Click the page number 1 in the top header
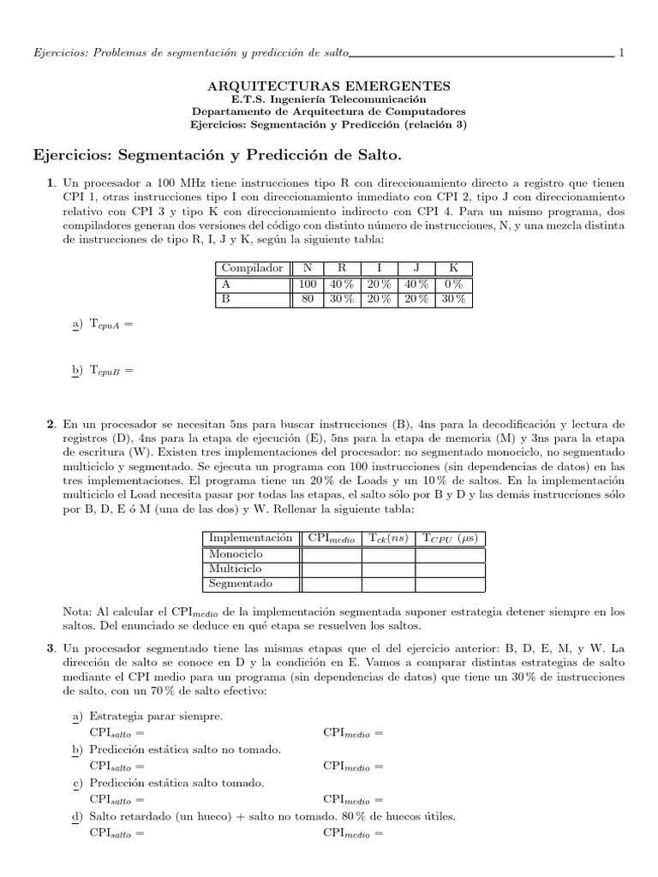(x=621, y=53)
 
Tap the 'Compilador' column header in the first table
(x=252, y=268)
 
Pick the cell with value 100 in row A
(x=308, y=283)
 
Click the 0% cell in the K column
(x=454, y=283)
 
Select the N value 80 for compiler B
(x=308, y=299)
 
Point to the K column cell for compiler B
(x=454, y=299)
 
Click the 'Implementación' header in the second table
(x=250, y=538)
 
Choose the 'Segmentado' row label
(x=241, y=584)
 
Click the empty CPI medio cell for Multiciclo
(x=331, y=569)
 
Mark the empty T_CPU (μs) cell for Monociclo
(x=450, y=553)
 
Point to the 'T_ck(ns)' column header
(x=388, y=538)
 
